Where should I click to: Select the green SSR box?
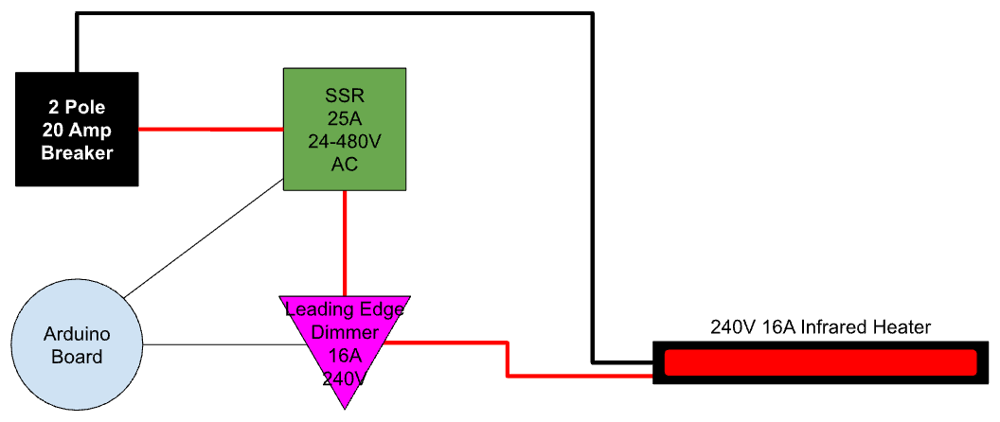[345, 129]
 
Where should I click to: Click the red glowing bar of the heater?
[820, 362]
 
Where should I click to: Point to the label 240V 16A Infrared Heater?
[821, 327]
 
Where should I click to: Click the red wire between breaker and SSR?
[211, 129]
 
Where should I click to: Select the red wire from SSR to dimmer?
[345, 242]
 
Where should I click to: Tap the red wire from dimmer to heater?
[508, 360]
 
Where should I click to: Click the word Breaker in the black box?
[77, 152]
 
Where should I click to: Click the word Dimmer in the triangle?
[345, 333]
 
